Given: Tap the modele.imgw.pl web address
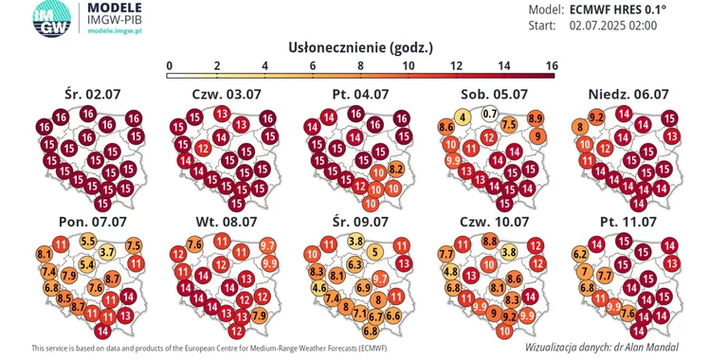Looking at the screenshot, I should (x=113, y=31).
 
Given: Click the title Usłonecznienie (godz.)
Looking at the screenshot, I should (x=359, y=47).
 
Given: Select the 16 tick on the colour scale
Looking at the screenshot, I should (x=551, y=65).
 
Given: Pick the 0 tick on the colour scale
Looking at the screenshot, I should (x=169, y=65).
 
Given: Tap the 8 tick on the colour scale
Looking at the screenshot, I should (x=360, y=65).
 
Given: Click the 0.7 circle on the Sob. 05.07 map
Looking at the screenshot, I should (x=490, y=114).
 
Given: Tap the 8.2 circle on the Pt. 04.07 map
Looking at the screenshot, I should (x=397, y=168).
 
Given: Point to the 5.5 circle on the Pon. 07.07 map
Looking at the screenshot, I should (x=88, y=241).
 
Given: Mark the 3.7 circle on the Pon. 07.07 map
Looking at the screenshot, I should (x=107, y=251).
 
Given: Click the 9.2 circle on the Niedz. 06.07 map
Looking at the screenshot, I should (x=597, y=117).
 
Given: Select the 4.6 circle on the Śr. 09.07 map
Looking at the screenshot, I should (x=319, y=287).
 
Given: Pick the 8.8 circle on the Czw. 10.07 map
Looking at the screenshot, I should (x=490, y=241).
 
